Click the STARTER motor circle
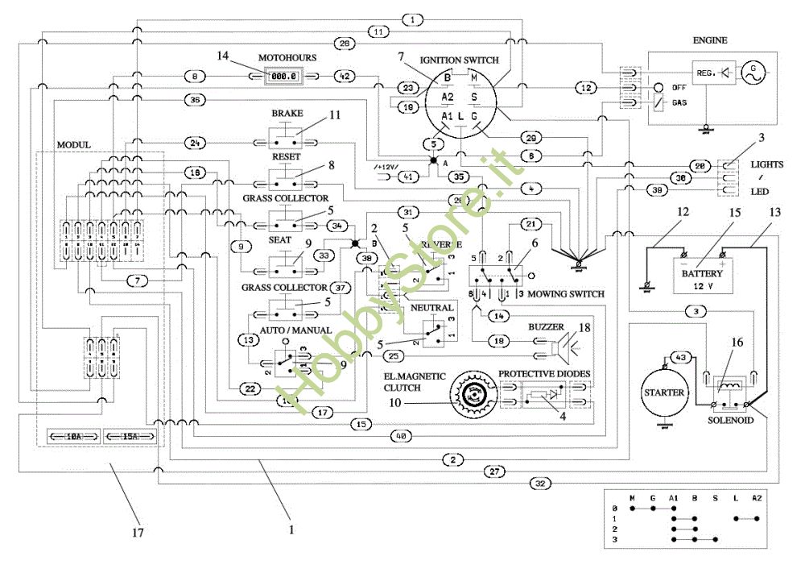665,392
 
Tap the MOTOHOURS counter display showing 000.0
283,76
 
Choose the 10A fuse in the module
72,436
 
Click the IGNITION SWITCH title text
459,60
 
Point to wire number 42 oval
343,76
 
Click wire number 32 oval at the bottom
539,484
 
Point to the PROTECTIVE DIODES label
544,374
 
